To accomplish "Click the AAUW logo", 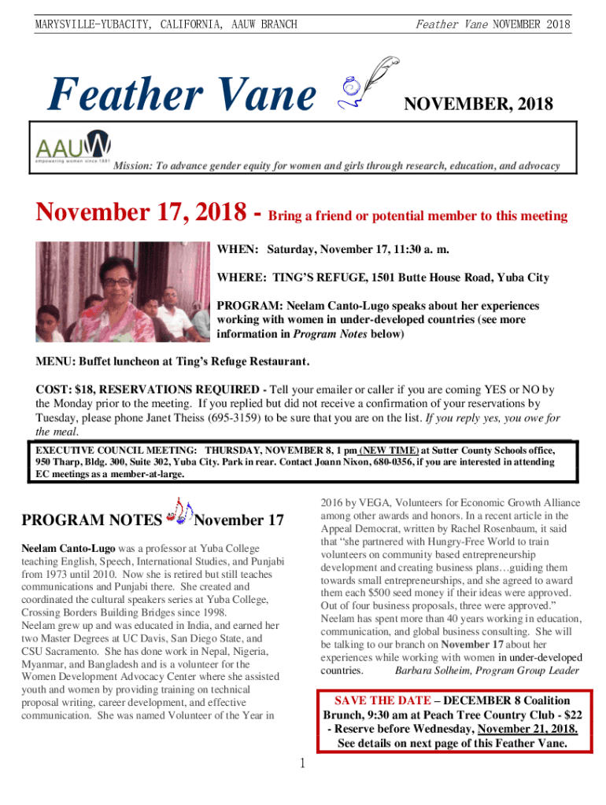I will pos(74,148).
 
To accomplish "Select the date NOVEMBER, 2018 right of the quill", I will pos(479,104).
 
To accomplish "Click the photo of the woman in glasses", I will pos(122,291).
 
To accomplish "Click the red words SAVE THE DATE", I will pos(382,700).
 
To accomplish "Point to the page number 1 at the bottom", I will pos(302,763).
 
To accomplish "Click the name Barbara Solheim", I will pos(432,671).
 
